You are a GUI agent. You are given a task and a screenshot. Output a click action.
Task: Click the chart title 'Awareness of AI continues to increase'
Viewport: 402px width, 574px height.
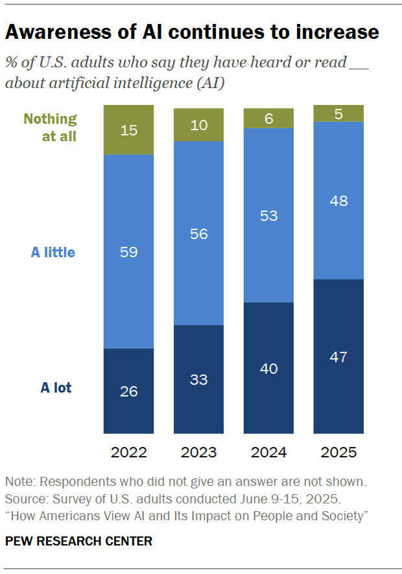[192, 32]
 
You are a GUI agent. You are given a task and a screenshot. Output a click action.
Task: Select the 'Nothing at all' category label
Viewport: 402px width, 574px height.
[51, 128]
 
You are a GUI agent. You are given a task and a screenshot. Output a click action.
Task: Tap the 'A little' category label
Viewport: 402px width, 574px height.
[53, 252]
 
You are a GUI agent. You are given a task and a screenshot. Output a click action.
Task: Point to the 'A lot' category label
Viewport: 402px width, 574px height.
[56, 388]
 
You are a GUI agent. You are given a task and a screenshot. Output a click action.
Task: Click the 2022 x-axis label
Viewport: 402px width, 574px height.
[128, 452]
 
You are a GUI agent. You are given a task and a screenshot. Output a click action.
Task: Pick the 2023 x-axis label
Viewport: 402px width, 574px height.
[198, 452]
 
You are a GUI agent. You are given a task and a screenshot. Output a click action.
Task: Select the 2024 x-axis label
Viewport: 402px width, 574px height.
[268, 452]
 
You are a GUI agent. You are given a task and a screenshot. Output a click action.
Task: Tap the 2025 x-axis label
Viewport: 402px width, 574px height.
[338, 452]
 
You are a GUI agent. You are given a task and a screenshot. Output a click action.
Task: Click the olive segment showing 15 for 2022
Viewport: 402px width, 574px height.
[128, 130]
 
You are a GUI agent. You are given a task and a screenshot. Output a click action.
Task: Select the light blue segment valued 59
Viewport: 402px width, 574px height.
[128, 251]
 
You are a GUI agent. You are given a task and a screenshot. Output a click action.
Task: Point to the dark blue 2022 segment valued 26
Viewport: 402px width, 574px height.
[128, 391]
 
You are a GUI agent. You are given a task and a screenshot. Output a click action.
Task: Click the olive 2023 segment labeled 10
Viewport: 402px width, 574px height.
[198, 124]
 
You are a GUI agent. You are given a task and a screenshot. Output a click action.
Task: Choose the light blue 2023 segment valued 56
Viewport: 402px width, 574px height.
[198, 233]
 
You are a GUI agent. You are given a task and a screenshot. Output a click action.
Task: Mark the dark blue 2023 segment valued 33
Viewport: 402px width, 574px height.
[198, 380]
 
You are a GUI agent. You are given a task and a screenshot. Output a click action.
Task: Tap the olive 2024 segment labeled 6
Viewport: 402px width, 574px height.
[268, 118]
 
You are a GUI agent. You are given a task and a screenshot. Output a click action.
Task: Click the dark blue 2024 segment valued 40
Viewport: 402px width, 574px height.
[268, 368]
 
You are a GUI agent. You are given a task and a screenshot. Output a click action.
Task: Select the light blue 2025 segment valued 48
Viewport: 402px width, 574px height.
[338, 200]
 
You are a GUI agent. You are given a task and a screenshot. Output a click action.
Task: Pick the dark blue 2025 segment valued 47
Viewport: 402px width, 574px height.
[338, 356]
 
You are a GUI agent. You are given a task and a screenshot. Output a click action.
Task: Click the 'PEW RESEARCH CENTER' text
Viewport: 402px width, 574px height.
[78, 541]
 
